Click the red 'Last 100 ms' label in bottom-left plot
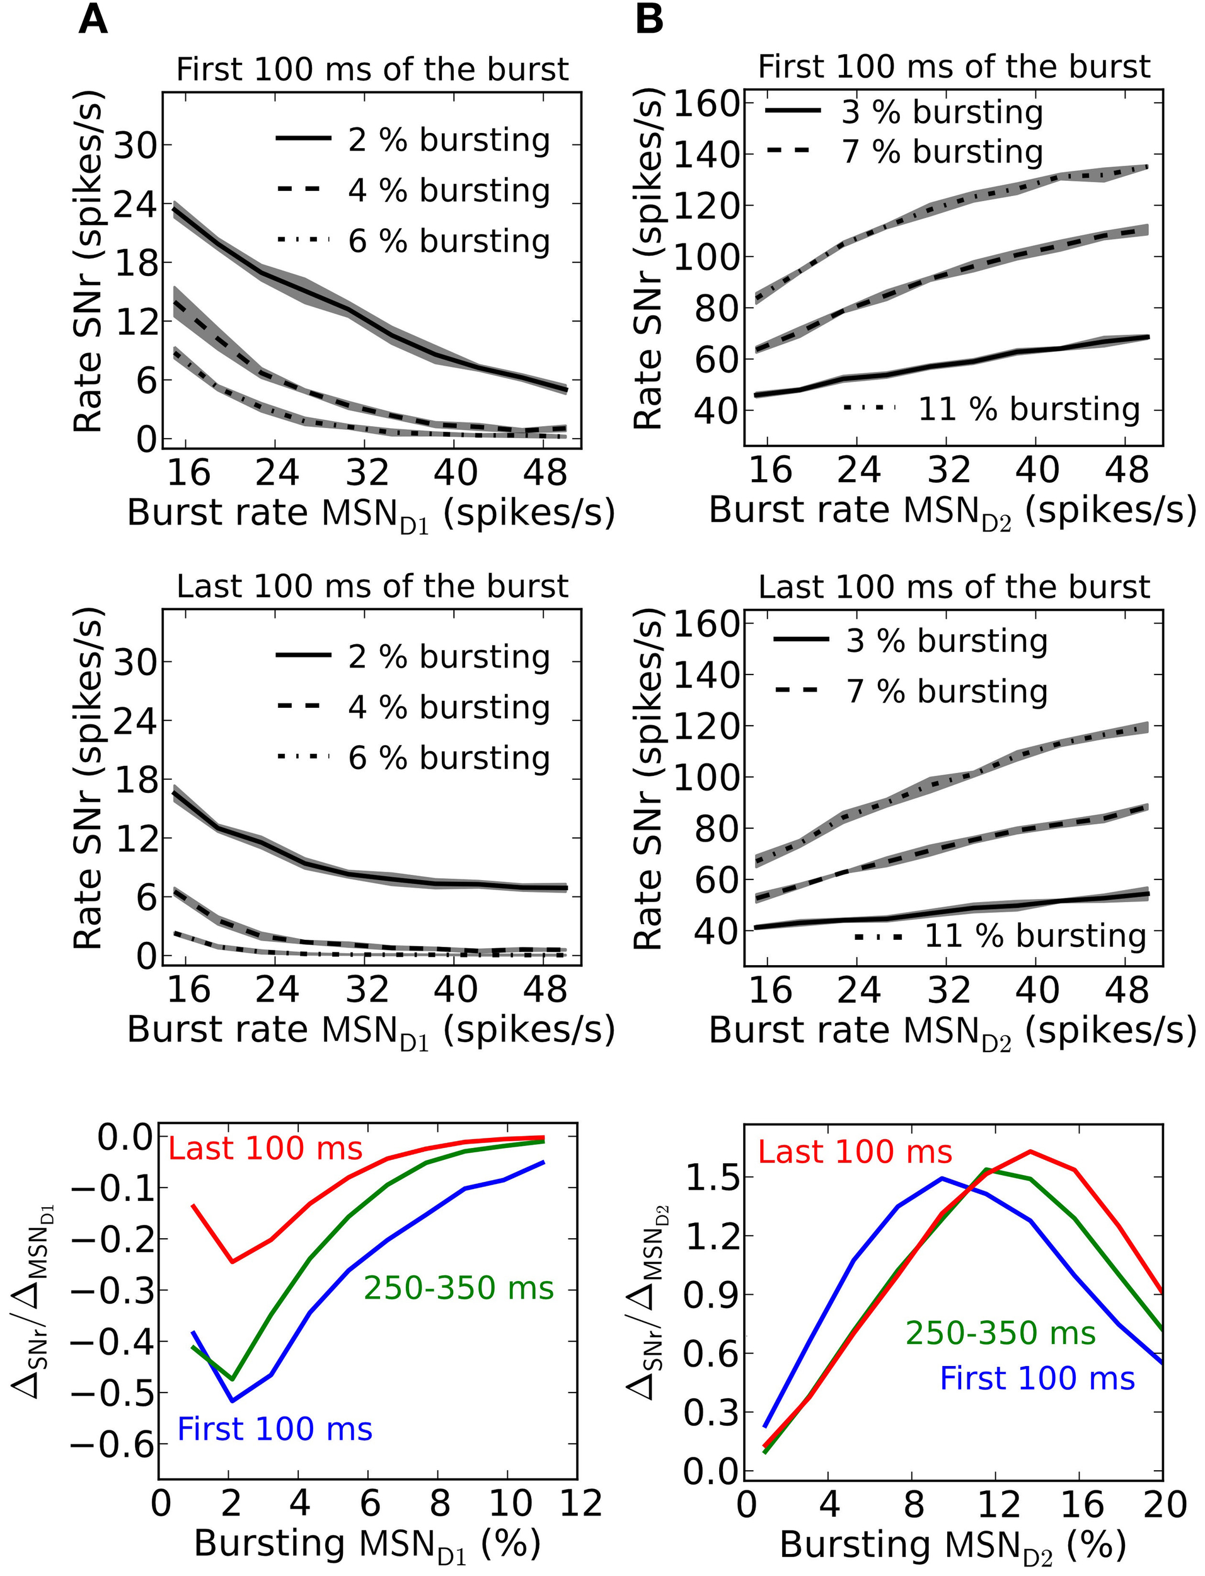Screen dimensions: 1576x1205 [x=265, y=1149]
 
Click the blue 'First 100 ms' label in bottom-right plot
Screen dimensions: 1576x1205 [x=1037, y=1379]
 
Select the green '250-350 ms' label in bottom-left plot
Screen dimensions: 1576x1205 [x=459, y=1288]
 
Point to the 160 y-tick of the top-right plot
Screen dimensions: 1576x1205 [x=706, y=105]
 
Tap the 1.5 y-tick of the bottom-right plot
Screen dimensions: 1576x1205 [x=710, y=1178]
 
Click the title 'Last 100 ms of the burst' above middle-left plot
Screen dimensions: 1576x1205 [x=372, y=587]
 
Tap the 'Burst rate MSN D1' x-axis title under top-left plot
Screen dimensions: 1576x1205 [x=371, y=514]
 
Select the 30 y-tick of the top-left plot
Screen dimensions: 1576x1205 [x=135, y=146]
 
